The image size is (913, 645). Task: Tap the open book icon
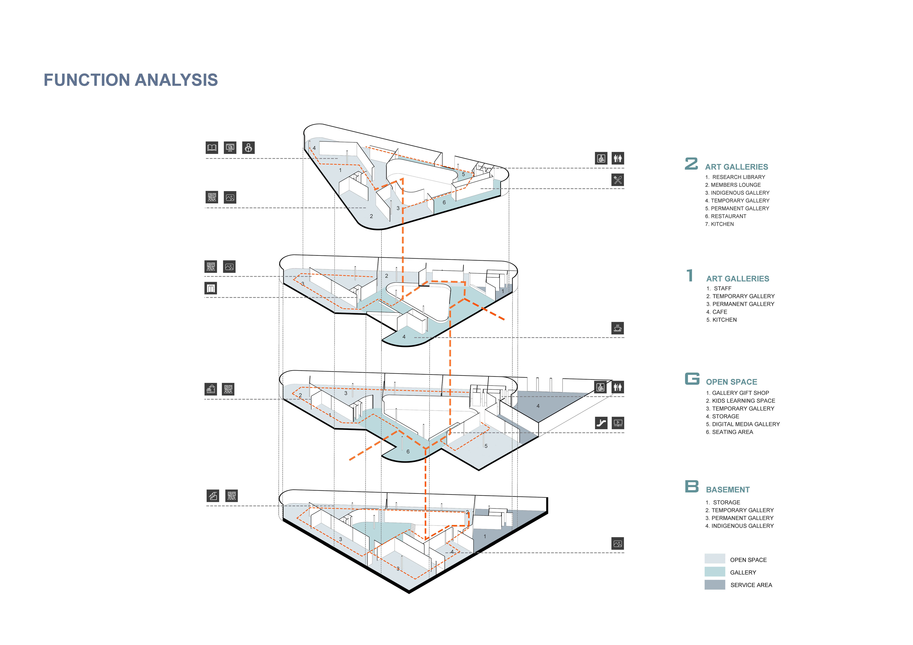212,148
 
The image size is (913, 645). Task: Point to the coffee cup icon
617,328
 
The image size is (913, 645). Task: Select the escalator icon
601,423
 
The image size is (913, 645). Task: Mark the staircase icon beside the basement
213,496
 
